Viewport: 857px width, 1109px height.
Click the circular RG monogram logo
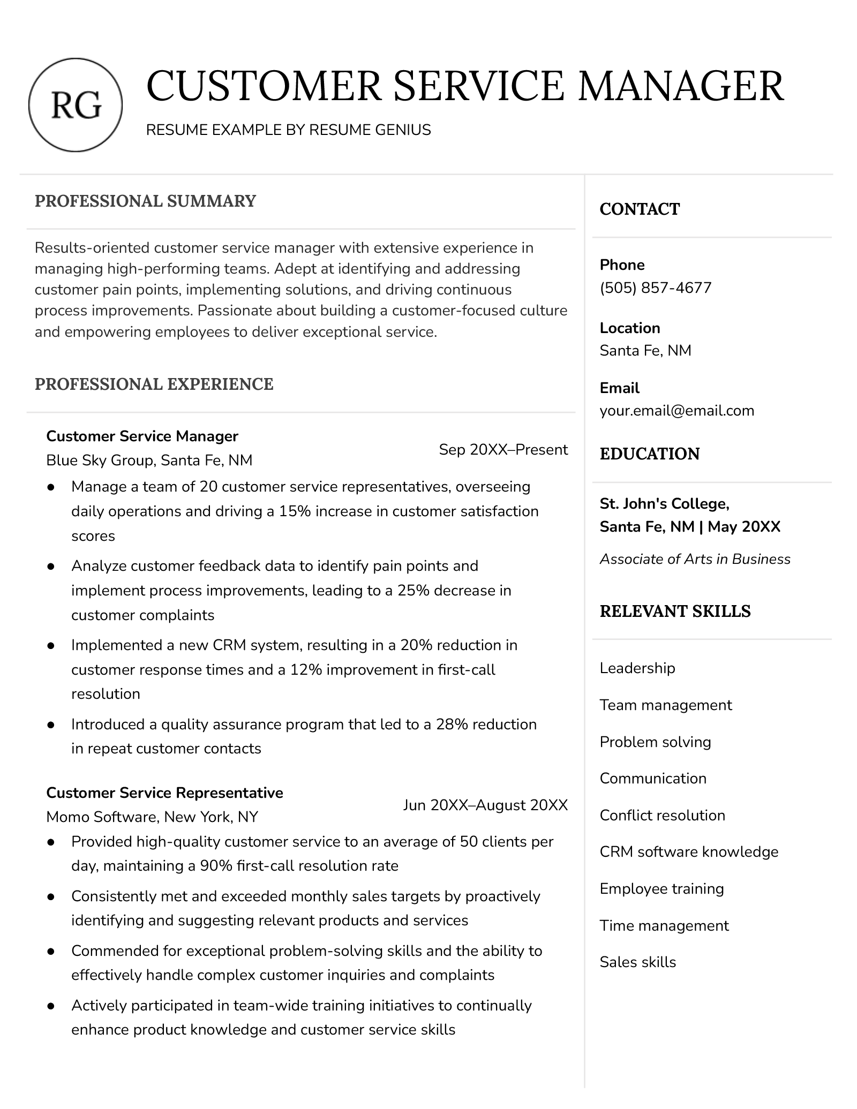pos(76,105)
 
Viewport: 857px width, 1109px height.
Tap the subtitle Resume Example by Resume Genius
pos(288,130)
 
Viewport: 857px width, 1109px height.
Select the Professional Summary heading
pos(145,201)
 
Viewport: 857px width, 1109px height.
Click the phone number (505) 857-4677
pos(655,288)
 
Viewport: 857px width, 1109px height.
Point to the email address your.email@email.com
pos(676,411)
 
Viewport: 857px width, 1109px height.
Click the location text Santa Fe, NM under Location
pos(645,351)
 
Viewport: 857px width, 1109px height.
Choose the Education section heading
pos(649,454)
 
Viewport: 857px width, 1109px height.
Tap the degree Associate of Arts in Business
pos(695,559)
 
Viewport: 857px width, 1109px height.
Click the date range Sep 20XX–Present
pos(503,450)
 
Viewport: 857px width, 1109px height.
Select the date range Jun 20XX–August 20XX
pos(485,805)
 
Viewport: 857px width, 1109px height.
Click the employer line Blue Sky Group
pos(149,461)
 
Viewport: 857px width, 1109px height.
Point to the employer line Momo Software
pos(152,817)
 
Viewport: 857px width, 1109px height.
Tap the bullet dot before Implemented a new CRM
pos(51,646)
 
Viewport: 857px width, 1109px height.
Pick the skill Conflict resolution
pos(662,816)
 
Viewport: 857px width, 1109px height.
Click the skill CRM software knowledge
pos(689,852)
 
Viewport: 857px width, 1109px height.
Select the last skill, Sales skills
pos(637,962)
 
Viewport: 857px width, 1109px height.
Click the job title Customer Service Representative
pos(164,793)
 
